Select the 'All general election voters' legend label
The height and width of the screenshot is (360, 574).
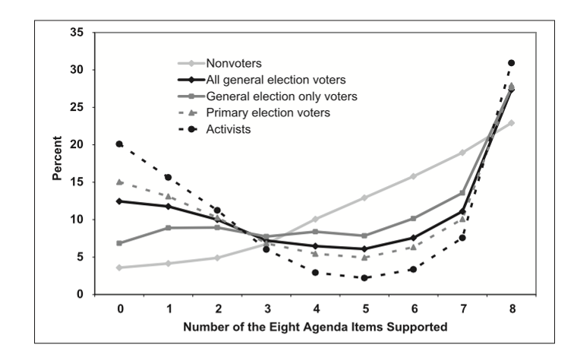[276, 80]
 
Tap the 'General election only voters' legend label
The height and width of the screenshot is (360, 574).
[282, 96]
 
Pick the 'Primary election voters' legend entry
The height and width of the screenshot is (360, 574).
[267, 112]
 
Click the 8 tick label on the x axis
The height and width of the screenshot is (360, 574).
[511, 310]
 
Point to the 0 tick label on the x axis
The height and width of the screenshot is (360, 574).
[120, 310]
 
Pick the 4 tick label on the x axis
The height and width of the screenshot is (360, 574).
[315, 310]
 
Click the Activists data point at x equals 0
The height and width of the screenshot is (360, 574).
[120, 144]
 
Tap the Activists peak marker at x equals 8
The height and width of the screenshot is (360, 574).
[511, 63]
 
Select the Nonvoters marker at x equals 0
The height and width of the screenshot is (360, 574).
[120, 267]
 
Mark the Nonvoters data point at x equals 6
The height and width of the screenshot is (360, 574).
[413, 176]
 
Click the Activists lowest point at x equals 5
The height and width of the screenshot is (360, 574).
[364, 278]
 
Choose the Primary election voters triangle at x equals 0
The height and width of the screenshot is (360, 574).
[120, 182]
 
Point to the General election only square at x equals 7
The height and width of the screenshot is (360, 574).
[462, 192]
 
